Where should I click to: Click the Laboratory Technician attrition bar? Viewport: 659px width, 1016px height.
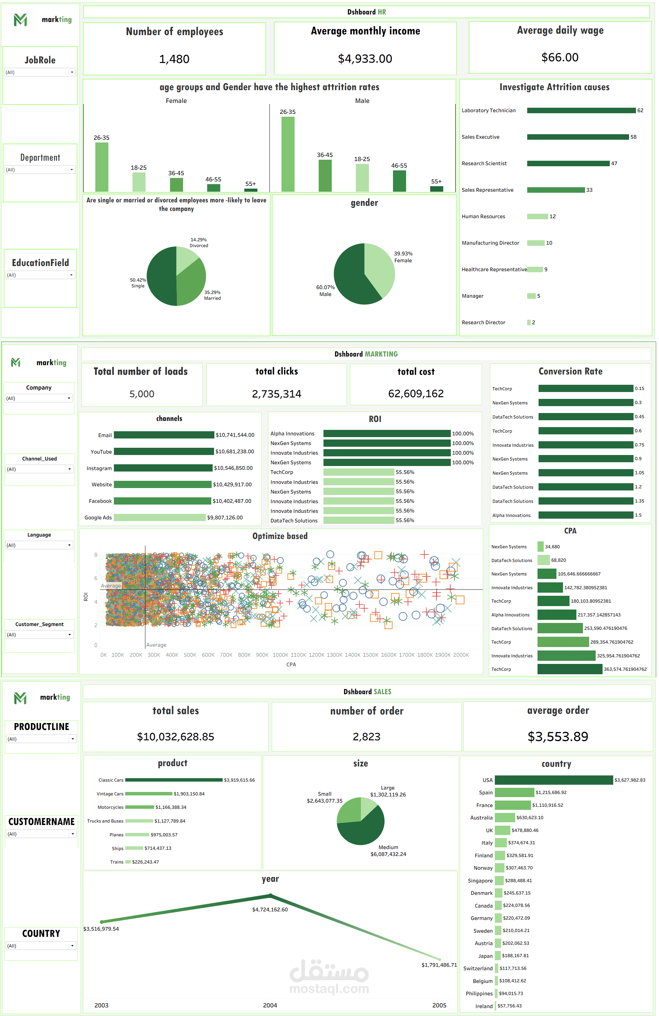[x=581, y=110]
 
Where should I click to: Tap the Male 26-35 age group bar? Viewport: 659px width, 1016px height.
[x=288, y=154]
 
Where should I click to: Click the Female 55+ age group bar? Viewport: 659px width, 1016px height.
[x=251, y=190]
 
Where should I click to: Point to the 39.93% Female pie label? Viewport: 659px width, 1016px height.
[x=403, y=256]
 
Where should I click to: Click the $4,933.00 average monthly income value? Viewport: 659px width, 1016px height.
[x=365, y=59]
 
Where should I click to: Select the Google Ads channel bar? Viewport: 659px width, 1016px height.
[x=160, y=517]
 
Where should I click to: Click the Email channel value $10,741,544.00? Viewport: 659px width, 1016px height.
[x=235, y=435]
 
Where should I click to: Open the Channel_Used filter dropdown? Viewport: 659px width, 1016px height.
[x=39, y=469]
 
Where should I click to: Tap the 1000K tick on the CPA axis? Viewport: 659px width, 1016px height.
[x=280, y=655]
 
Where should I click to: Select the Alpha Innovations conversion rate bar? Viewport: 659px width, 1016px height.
[x=586, y=515]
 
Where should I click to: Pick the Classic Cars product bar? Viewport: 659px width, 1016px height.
[x=174, y=780]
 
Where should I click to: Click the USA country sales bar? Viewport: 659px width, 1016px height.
[x=554, y=780]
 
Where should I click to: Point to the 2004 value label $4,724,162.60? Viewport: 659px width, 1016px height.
[x=270, y=909]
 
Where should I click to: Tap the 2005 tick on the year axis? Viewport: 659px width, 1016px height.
[x=439, y=1005]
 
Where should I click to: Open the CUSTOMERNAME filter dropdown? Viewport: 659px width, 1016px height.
[x=41, y=834]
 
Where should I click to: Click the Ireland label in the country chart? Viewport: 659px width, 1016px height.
[x=483, y=1006]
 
